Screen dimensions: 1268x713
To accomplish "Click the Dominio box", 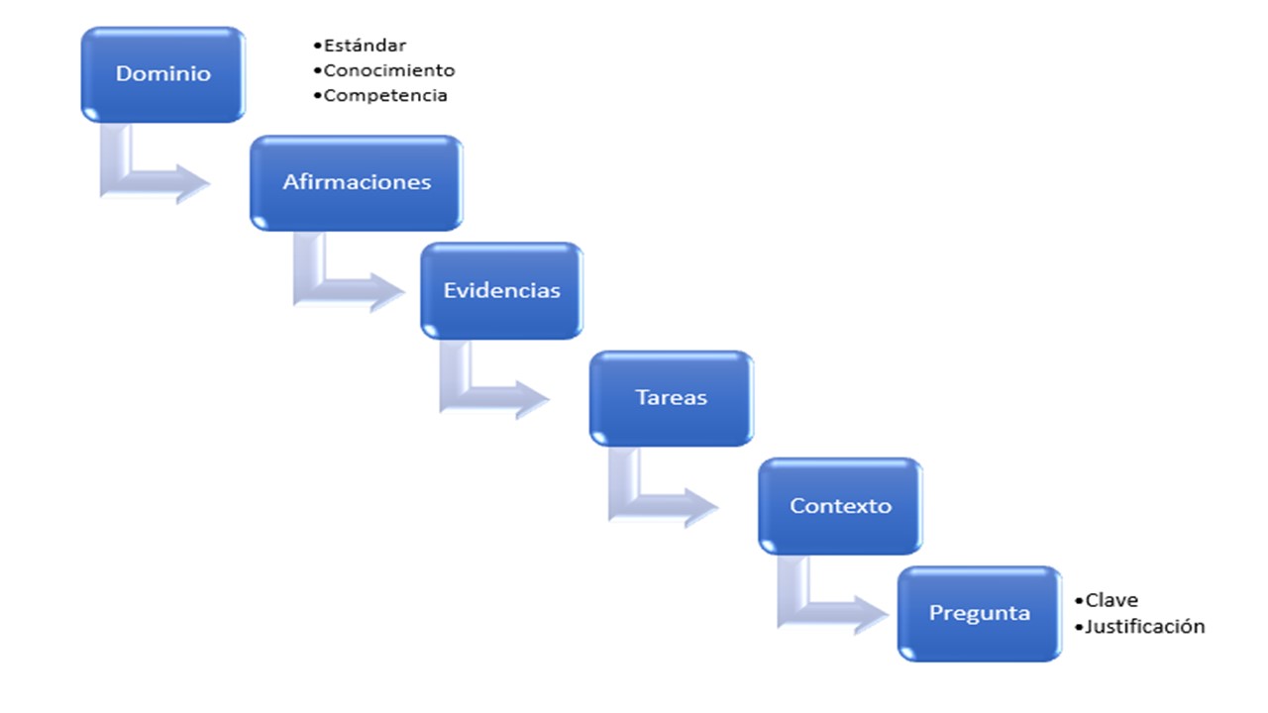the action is point(163,74).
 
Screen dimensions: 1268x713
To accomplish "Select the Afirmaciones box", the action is point(357,183).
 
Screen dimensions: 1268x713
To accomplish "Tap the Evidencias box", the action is point(501,291).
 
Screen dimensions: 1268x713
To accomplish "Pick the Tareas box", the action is point(672,398).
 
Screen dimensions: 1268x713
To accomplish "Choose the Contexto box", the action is point(841,506).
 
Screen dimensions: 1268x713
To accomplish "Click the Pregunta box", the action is point(980,613).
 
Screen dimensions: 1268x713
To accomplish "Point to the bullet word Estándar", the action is point(366,46).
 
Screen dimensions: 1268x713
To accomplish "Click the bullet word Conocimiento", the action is point(389,70).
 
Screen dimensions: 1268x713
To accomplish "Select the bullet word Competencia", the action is point(385,96).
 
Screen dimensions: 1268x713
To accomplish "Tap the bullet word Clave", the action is point(1111,600).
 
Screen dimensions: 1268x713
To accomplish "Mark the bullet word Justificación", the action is point(1144,627).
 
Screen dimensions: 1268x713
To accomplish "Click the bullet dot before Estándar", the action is point(318,46).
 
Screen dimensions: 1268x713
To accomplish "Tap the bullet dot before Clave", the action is point(1079,600).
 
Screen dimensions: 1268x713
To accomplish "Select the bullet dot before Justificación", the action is point(1079,627).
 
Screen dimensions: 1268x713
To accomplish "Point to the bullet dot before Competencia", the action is point(318,96).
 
